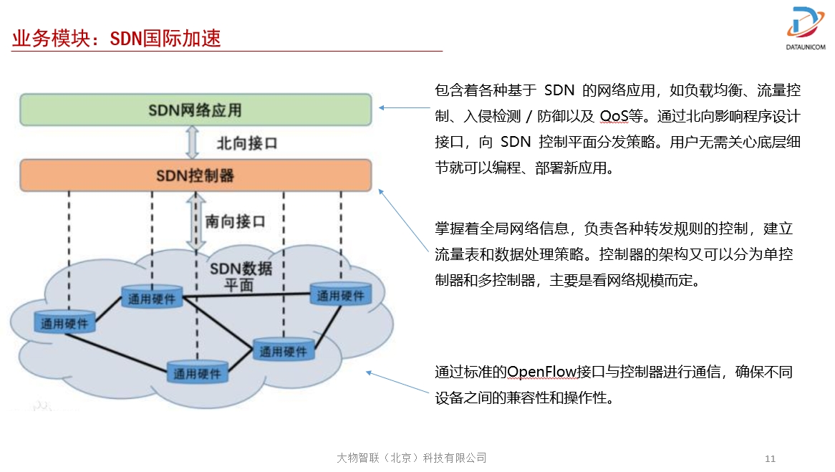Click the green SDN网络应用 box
click(x=196, y=110)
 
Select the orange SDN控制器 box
click(x=196, y=175)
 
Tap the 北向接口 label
click(x=247, y=143)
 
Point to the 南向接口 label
click(x=236, y=221)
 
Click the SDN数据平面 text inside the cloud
click(x=241, y=276)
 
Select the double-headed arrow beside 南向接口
click(x=196, y=221)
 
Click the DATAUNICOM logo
click(x=806, y=28)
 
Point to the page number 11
click(x=770, y=458)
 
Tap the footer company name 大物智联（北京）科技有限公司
click(x=412, y=458)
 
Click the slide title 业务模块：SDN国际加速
click(x=116, y=39)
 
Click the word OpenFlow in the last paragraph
click(x=541, y=371)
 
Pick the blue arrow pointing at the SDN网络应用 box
click(x=404, y=108)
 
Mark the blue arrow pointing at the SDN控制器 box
click(x=403, y=220)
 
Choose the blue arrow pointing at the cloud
click(x=397, y=382)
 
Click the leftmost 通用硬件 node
click(x=64, y=322)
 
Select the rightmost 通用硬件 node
click(x=341, y=294)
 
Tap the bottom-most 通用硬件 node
click(x=198, y=372)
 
